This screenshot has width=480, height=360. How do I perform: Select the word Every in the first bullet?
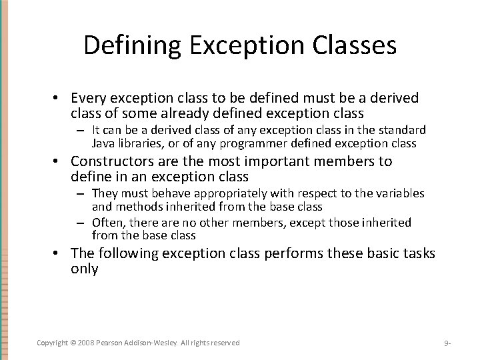pyautogui.click(x=89, y=99)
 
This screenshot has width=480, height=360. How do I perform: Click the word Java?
pyautogui.click(x=103, y=143)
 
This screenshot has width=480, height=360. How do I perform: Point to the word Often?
pyautogui.click(x=107, y=222)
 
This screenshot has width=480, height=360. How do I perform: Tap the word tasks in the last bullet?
pyautogui.click(x=418, y=253)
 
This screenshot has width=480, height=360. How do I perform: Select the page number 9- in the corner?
pyautogui.click(x=448, y=343)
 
